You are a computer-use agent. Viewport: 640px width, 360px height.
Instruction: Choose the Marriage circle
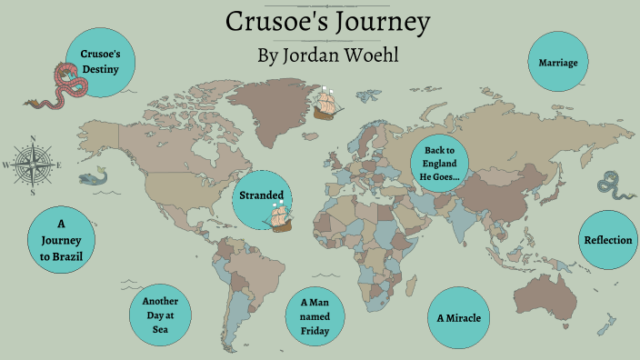[559, 63]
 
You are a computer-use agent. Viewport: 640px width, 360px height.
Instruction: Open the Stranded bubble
[262, 195]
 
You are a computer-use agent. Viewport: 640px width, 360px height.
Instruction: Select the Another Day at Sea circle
[160, 314]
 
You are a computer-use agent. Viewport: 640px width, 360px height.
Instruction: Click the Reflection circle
[606, 240]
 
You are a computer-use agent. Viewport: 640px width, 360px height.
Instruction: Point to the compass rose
[33, 165]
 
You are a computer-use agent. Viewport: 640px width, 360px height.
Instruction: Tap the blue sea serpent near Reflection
[612, 184]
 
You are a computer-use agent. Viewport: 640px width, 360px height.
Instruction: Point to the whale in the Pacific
[91, 179]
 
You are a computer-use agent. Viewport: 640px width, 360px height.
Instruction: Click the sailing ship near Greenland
[325, 103]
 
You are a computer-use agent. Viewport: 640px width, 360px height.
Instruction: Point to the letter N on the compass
[33, 138]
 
